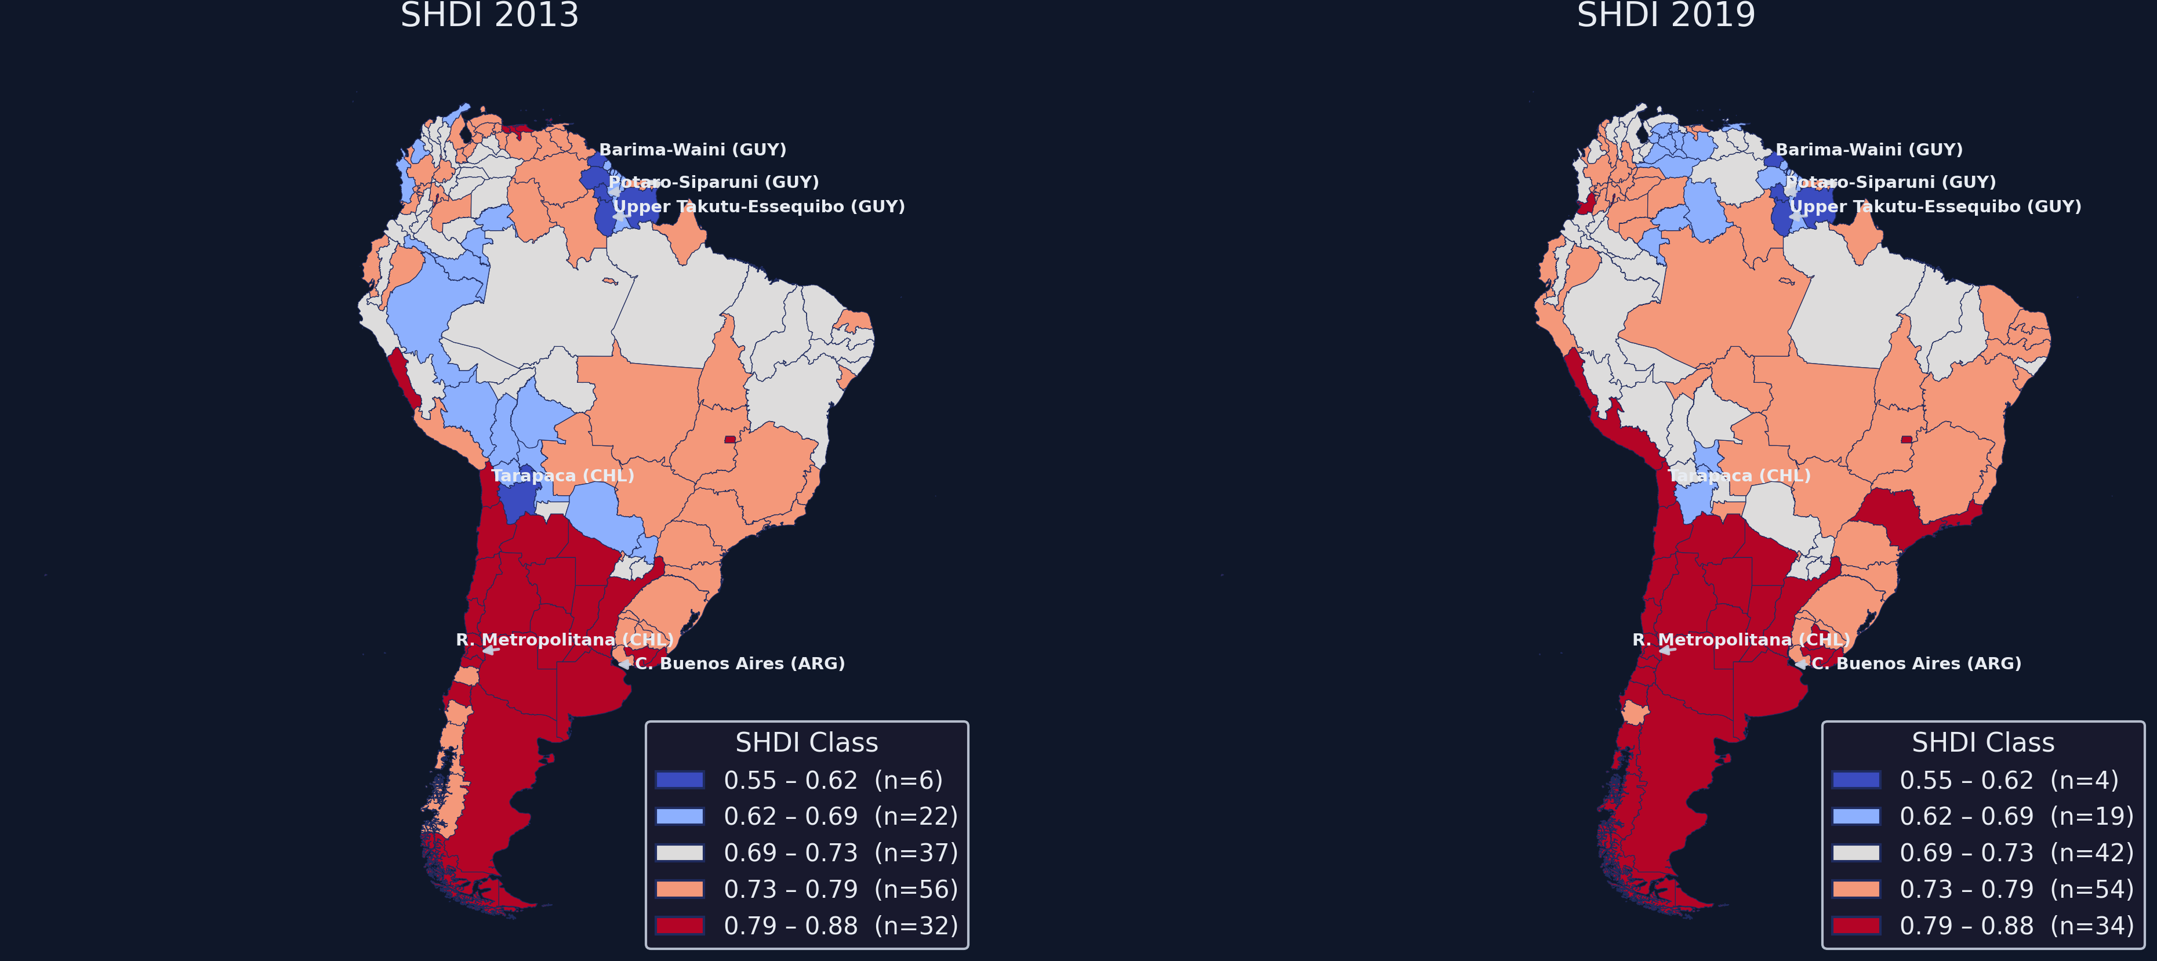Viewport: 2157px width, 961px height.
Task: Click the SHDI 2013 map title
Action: click(490, 15)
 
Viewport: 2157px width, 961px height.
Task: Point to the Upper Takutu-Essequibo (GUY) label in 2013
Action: click(758, 206)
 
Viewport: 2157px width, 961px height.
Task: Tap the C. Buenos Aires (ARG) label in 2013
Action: click(739, 663)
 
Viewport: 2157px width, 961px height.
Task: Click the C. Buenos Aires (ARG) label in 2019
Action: click(1916, 663)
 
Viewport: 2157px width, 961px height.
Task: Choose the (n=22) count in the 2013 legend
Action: click(916, 816)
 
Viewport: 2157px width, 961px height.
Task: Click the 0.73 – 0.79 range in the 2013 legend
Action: click(790, 889)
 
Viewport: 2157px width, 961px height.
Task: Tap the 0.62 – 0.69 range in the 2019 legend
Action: click(1966, 816)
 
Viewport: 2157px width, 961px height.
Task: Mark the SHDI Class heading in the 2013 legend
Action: click(807, 742)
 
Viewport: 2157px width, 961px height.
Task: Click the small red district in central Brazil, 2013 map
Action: click(730, 439)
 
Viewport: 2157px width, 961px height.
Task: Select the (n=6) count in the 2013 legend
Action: click(909, 780)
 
